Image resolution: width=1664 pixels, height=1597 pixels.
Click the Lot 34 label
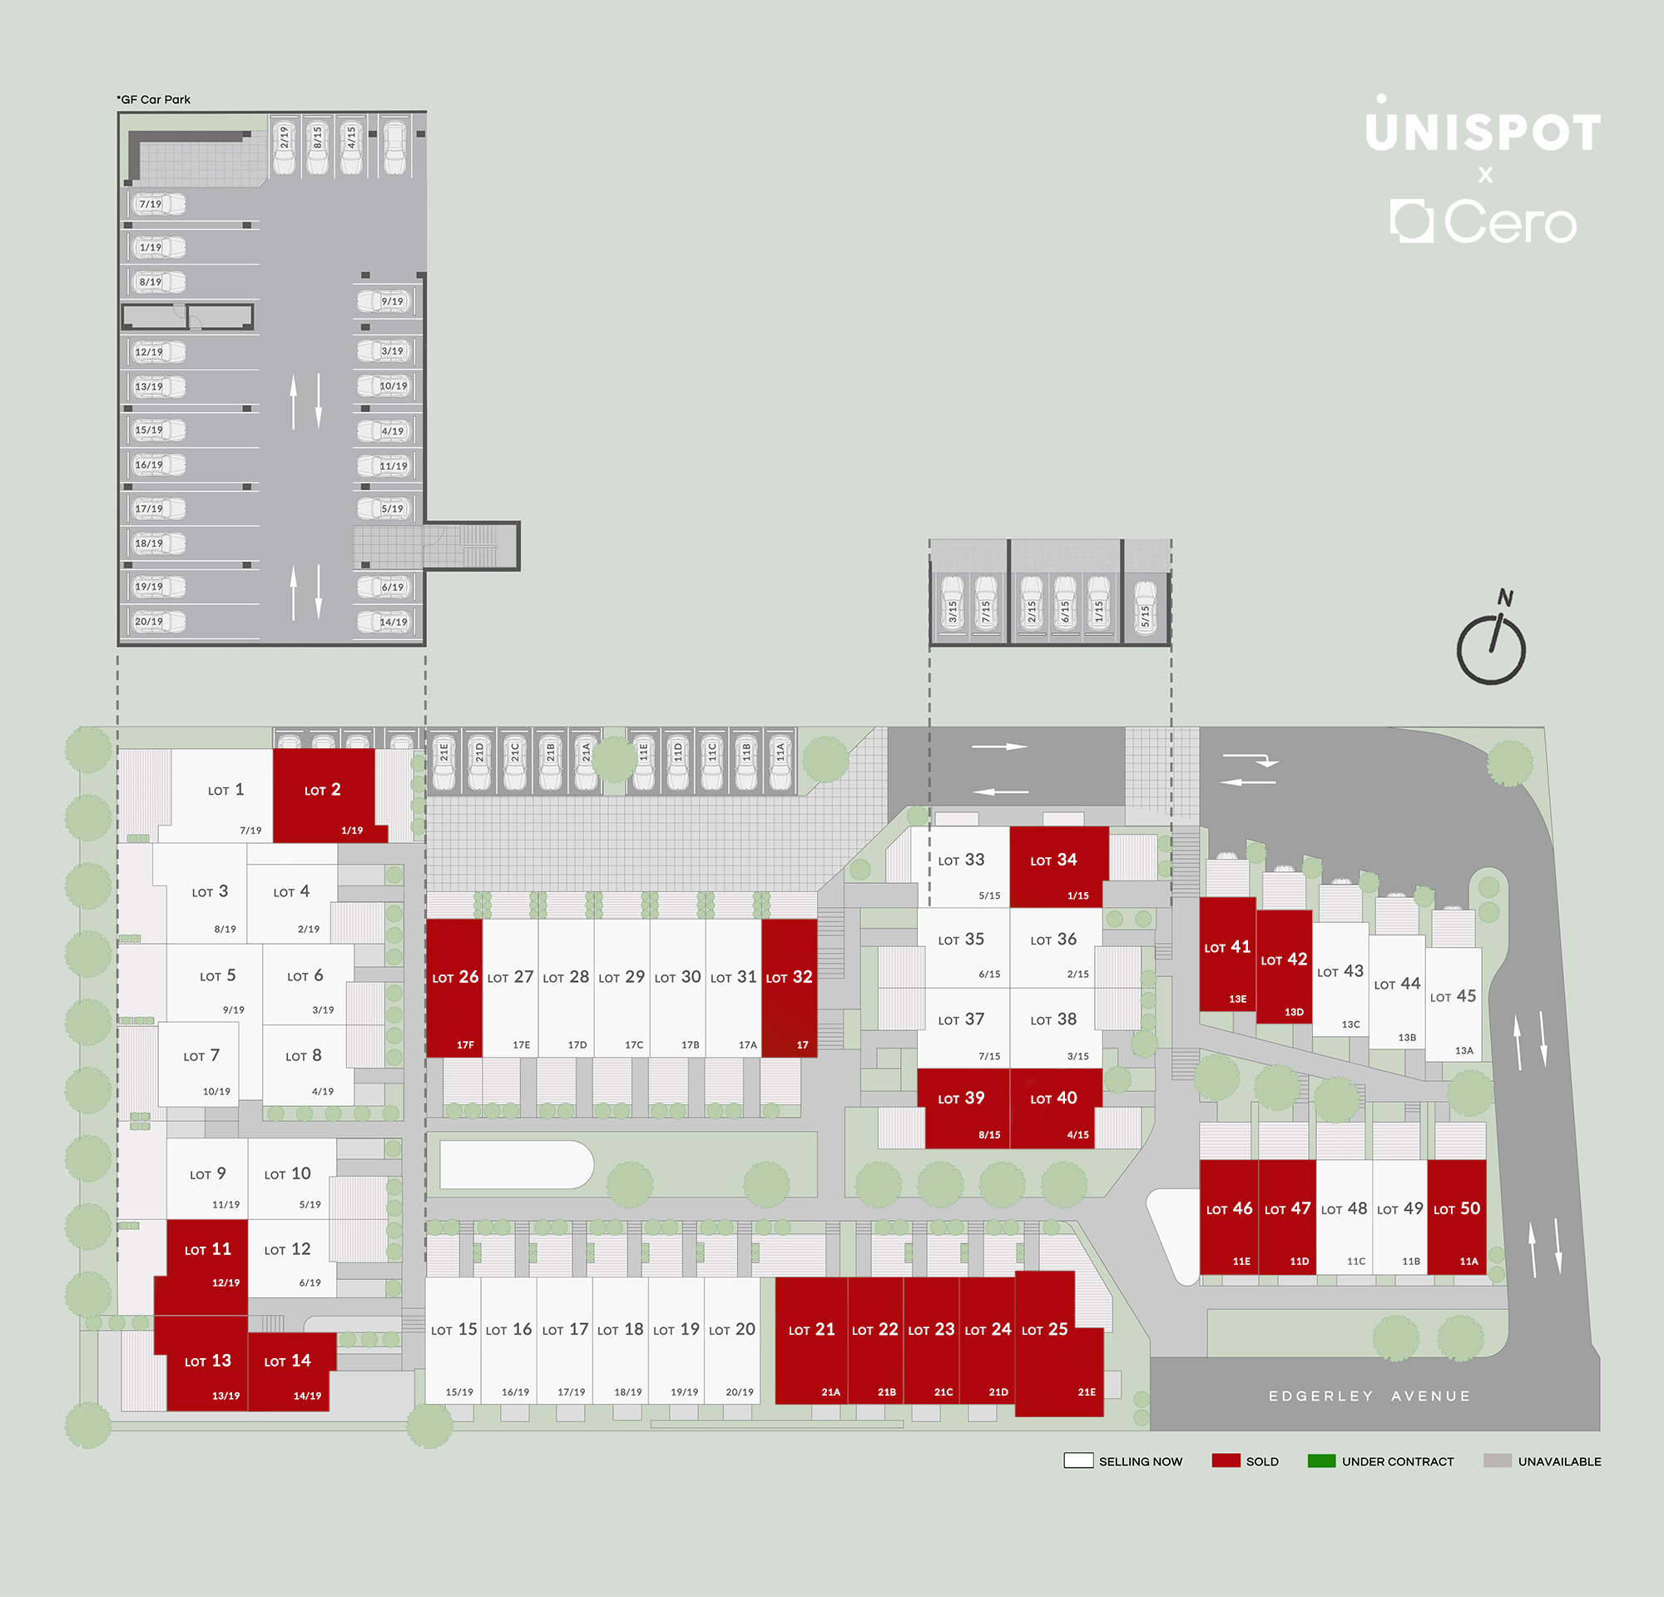(1052, 860)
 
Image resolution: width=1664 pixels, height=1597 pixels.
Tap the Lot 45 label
(1453, 996)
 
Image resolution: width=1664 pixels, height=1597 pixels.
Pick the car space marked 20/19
(158, 622)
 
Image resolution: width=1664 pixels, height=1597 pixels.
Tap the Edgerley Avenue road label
(1369, 1396)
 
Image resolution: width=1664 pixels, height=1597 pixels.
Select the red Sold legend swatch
(1226, 1461)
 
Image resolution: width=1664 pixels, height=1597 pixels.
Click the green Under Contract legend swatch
(1322, 1461)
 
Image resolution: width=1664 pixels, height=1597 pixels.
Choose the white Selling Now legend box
(1078, 1461)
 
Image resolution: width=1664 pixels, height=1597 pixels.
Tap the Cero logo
(1483, 221)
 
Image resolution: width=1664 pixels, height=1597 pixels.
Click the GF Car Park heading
(154, 99)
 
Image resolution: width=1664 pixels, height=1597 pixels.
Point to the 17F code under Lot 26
(465, 1045)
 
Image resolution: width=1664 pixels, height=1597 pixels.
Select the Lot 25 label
(1044, 1330)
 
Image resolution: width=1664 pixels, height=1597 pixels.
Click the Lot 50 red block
(1457, 1217)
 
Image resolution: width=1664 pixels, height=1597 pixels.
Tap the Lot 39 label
(961, 1099)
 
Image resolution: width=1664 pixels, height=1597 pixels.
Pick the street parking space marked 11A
(780, 761)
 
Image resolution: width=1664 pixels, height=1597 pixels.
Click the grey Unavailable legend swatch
(1498, 1461)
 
